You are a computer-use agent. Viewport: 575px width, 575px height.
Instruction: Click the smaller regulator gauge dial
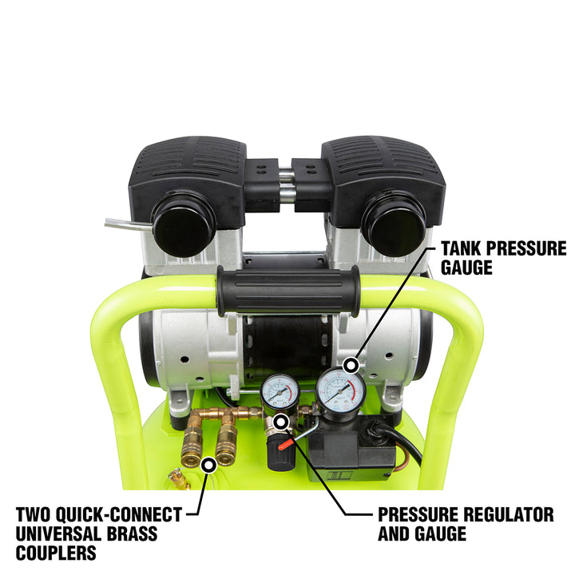[280, 392]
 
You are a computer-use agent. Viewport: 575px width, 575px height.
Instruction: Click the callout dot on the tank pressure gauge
[350, 366]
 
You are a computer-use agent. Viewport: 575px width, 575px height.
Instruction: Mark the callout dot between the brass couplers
[208, 464]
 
